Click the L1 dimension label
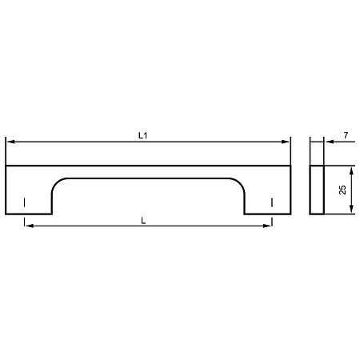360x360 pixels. click(142, 135)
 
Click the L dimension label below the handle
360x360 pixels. click(143, 221)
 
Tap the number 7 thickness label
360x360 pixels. click(346, 135)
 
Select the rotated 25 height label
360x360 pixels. click(342, 190)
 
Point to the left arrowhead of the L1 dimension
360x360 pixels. click(10, 142)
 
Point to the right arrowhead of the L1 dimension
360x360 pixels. click(286, 142)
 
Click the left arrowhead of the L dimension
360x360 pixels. click(30, 226)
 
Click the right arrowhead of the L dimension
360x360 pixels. click(267, 226)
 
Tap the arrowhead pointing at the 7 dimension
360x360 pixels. click(330, 142)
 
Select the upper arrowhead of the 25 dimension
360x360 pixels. click(351, 171)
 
